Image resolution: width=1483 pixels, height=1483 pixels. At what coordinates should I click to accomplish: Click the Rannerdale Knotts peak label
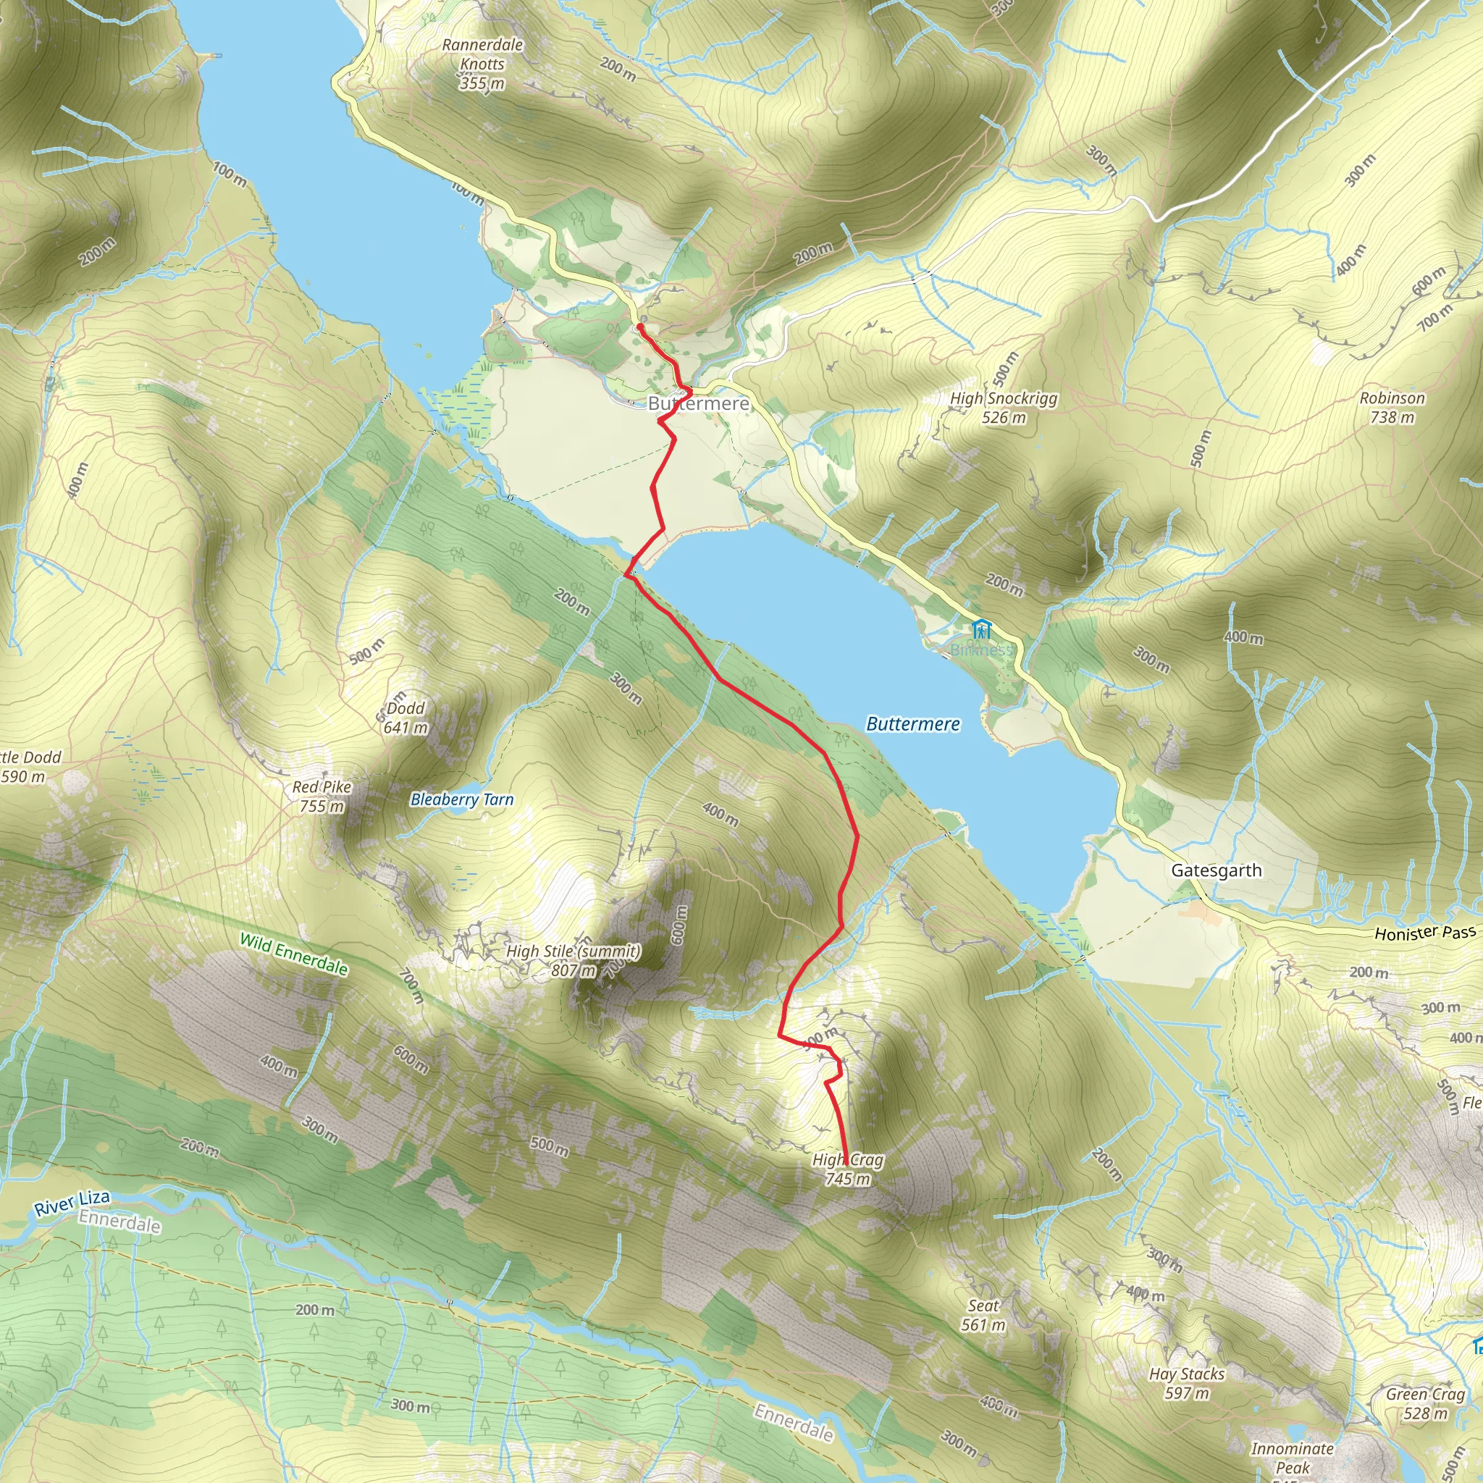click(x=483, y=64)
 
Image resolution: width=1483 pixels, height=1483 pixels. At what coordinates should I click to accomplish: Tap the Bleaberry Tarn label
click(x=462, y=800)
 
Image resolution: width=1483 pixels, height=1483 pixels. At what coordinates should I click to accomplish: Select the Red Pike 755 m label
click(x=322, y=796)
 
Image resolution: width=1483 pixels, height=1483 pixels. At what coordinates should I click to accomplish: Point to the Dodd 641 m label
click(x=406, y=718)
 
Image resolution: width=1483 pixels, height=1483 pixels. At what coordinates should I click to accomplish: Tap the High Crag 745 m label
click(x=847, y=1169)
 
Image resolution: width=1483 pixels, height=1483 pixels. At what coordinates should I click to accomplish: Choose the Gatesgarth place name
click(x=1216, y=870)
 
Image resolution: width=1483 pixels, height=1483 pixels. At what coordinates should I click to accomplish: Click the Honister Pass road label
click(x=1424, y=933)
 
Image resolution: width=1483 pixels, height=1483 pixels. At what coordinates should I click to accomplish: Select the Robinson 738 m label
click(x=1392, y=408)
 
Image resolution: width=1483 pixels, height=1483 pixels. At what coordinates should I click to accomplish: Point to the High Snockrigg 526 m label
click(x=1003, y=408)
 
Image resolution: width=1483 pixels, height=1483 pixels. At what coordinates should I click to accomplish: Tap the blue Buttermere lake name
click(x=912, y=724)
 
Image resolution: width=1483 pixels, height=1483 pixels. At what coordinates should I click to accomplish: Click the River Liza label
click(x=72, y=1203)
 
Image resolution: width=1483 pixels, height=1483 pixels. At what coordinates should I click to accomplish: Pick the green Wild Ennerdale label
click(x=294, y=954)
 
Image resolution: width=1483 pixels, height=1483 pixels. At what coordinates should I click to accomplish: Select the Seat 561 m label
click(x=983, y=1315)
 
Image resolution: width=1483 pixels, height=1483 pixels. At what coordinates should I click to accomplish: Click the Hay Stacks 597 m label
click(x=1187, y=1383)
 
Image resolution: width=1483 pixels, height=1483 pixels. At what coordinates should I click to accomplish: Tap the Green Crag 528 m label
click(x=1425, y=1403)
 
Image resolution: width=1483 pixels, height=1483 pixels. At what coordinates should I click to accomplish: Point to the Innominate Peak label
click(x=1292, y=1458)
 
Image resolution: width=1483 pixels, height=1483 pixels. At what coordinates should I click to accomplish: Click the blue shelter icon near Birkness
click(x=981, y=630)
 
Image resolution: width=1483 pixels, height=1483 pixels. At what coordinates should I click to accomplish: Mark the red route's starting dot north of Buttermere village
click(x=639, y=327)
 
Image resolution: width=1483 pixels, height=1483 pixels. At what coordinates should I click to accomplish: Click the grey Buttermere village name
click(x=698, y=403)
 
